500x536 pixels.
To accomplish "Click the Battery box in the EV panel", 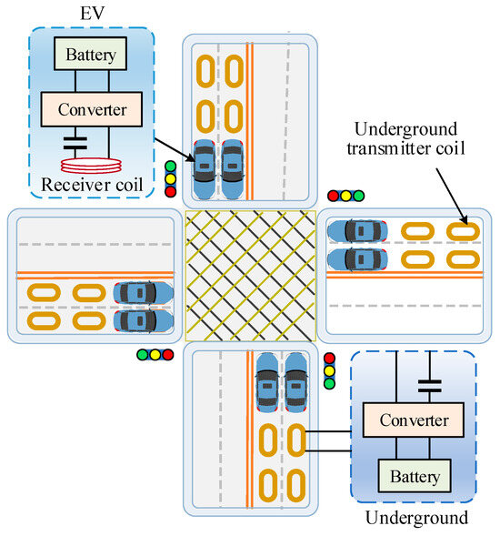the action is [x=90, y=54].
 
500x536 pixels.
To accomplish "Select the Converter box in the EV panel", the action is [x=92, y=109].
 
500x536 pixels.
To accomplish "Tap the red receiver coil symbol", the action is [x=91, y=166].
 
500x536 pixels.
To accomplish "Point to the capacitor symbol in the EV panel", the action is [x=75, y=143].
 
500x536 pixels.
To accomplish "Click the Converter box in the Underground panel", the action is [x=414, y=420].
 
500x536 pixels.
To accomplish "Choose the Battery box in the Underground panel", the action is [x=415, y=476].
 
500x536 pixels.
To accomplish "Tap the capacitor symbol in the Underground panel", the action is [x=430, y=386].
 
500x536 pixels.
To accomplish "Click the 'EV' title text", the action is [x=92, y=14].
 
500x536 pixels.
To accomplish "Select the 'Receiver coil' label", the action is [x=92, y=185].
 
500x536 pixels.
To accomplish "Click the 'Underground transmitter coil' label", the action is [x=405, y=138].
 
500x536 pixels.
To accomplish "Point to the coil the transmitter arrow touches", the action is [x=463, y=231].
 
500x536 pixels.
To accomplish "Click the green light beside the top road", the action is [x=170, y=167].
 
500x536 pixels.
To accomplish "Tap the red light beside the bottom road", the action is [x=329, y=359].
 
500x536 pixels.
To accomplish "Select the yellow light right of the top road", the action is [x=346, y=196].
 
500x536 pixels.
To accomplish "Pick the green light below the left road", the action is [x=143, y=355].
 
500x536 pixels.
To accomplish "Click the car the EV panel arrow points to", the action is [x=205, y=169].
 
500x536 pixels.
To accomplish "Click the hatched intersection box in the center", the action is [x=250, y=276].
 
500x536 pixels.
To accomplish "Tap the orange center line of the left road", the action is [x=95, y=276].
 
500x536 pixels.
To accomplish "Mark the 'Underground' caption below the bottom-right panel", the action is [x=416, y=518].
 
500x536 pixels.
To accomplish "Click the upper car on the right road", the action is [x=357, y=231].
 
